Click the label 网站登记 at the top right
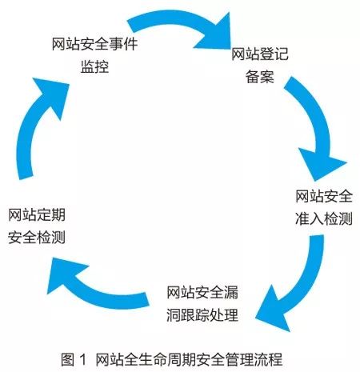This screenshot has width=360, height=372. click(x=260, y=54)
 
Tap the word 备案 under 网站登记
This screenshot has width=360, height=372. click(x=260, y=76)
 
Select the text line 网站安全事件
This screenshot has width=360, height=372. click(x=94, y=44)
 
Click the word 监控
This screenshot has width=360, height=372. click(x=94, y=66)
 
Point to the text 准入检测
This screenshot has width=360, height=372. click(x=324, y=218)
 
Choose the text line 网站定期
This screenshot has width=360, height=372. click(x=37, y=214)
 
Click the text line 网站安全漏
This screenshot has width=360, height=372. click(x=202, y=292)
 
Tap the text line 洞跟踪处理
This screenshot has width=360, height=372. click(x=202, y=315)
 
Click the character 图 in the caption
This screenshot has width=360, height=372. click(x=67, y=359)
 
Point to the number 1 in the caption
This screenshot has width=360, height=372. click(x=83, y=359)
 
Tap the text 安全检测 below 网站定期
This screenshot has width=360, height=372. click(x=37, y=237)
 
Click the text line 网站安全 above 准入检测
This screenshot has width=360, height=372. click(x=324, y=196)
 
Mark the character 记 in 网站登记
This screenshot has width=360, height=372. click(x=282, y=54)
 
